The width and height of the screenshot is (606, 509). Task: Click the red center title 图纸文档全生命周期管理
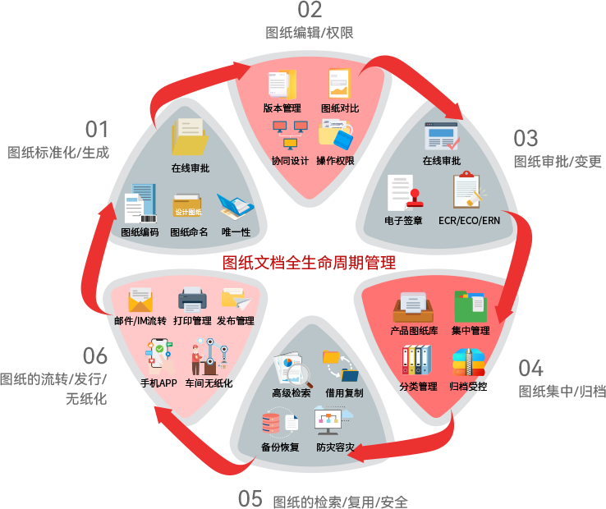click(x=310, y=263)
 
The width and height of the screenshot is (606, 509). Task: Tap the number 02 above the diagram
click(x=310, y=11)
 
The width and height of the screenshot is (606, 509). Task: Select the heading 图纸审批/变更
click(x=558, y=162)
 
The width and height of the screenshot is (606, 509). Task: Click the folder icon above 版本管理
click(x=282, y=85)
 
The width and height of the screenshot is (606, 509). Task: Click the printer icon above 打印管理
click(x=192, y=300)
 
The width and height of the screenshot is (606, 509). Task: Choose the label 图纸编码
click(x=139, y=232)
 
